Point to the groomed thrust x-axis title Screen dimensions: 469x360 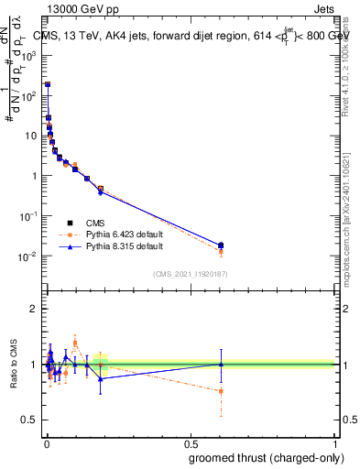268,458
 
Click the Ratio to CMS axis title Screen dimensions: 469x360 13,365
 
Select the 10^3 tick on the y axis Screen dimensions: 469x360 27,55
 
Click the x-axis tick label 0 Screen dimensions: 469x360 46,443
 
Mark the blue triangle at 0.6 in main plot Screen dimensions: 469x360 221,245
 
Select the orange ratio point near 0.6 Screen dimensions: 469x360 221,391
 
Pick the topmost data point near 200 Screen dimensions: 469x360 48,84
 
